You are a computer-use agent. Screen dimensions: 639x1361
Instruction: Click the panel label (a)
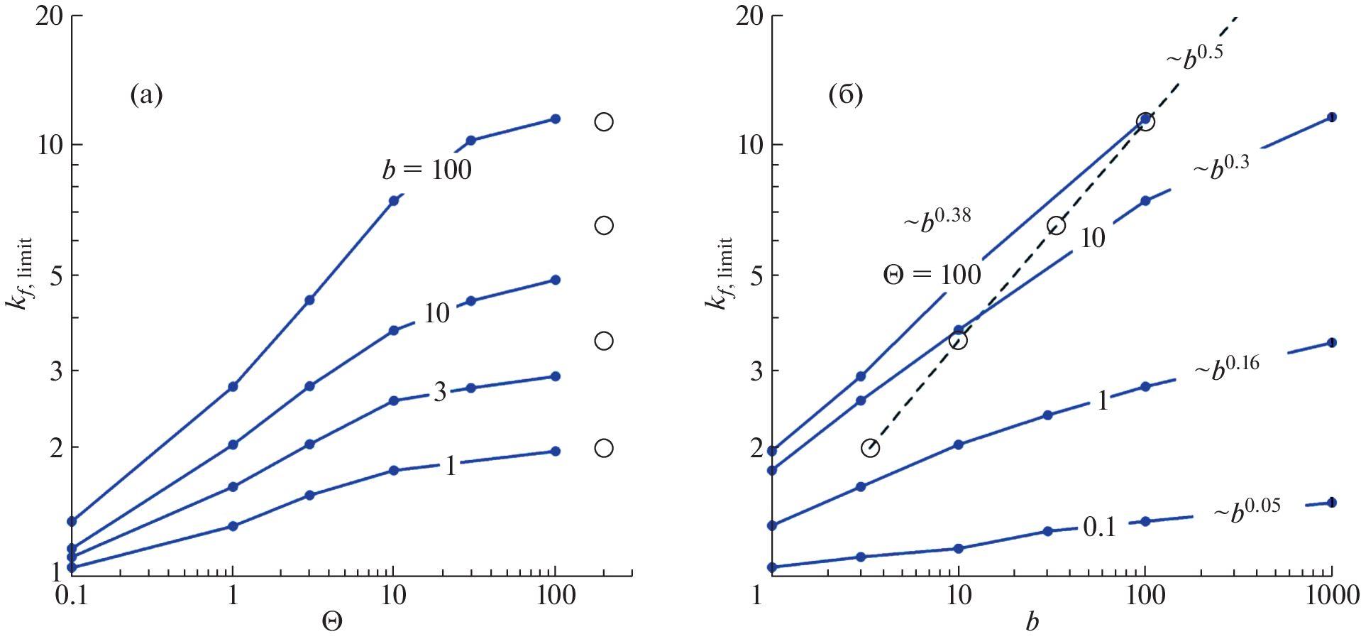146,94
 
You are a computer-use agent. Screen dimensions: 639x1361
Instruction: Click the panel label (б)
846,94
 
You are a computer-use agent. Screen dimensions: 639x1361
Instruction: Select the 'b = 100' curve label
427,170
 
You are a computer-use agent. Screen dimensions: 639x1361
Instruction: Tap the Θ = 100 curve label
932,275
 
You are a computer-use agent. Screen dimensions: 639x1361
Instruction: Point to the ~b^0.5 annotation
1195,57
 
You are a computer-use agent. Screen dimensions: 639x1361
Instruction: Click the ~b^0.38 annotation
937,219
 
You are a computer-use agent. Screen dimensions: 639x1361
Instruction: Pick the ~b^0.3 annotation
1221,168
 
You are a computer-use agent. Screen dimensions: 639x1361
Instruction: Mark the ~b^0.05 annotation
1247,510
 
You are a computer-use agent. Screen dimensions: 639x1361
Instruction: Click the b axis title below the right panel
1032,622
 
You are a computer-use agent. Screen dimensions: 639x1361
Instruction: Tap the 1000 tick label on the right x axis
1332,596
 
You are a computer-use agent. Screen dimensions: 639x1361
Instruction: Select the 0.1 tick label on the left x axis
71,596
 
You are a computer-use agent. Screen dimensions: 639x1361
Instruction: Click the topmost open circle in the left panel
604,122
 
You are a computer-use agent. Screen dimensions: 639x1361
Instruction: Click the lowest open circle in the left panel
604,448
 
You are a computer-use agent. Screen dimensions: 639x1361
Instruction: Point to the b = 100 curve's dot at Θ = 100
556,119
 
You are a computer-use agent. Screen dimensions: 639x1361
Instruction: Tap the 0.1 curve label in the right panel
1099,527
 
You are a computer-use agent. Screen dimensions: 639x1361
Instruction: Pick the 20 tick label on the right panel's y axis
749,16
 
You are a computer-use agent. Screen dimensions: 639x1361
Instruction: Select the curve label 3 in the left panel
441,391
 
